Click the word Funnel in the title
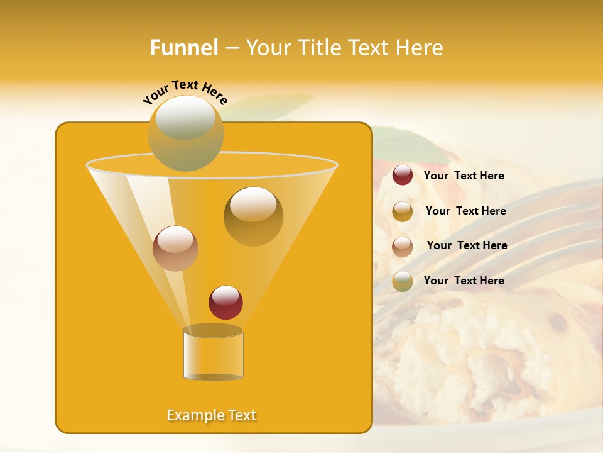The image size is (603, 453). (x=183, y=48)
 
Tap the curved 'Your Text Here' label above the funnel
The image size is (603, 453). (x=185, y=92)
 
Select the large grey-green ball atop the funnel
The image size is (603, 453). (x=185, y=133)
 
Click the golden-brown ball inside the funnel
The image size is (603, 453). (x=253, y=216)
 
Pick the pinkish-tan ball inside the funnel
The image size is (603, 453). (x=175, y=249)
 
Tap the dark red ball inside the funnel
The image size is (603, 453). (x=225, y=302)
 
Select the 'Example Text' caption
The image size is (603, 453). (x=212, y=415)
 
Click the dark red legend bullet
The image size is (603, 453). (x=403, y=176)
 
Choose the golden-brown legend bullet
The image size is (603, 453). (x=403, y=211)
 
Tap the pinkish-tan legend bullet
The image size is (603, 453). (x=403, y=247)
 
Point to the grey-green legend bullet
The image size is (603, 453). (x=403, y=281)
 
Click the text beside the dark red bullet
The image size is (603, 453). (x=464, y=176)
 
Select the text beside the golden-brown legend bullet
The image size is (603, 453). (x=465, y=211)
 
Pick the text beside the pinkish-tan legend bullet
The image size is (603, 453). (x=467, y=245)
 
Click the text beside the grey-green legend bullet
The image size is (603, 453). (x=464, y=281)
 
